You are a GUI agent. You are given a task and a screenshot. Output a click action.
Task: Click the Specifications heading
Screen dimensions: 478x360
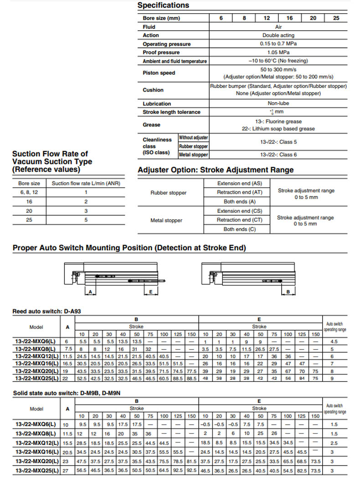pos(163,5)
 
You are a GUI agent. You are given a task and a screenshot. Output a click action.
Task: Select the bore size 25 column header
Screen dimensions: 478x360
pos(336,18)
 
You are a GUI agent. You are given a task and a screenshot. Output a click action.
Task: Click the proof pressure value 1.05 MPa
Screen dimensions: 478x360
pos(278,52)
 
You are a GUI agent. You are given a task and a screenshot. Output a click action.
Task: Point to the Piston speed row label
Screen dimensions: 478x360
pos(159,73)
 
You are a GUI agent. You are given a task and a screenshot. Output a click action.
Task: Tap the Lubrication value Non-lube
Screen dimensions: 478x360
pos(278,103)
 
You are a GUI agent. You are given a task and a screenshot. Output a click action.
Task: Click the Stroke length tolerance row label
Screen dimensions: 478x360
pos(171,112)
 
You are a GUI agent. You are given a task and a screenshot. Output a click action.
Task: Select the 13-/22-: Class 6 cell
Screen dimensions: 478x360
pos(278,155)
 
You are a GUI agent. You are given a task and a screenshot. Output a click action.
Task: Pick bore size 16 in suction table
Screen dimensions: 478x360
pos(29,201)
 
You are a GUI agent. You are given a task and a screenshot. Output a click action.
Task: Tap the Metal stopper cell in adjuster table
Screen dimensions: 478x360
pos(166,221)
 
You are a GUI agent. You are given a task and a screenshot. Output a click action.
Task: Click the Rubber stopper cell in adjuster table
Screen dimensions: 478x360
pos(168,193)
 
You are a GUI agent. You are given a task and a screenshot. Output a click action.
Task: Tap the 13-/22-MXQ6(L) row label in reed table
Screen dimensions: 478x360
pos(36,341)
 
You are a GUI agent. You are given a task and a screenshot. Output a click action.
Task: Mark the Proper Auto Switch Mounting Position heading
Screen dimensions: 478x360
pos(129,248)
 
